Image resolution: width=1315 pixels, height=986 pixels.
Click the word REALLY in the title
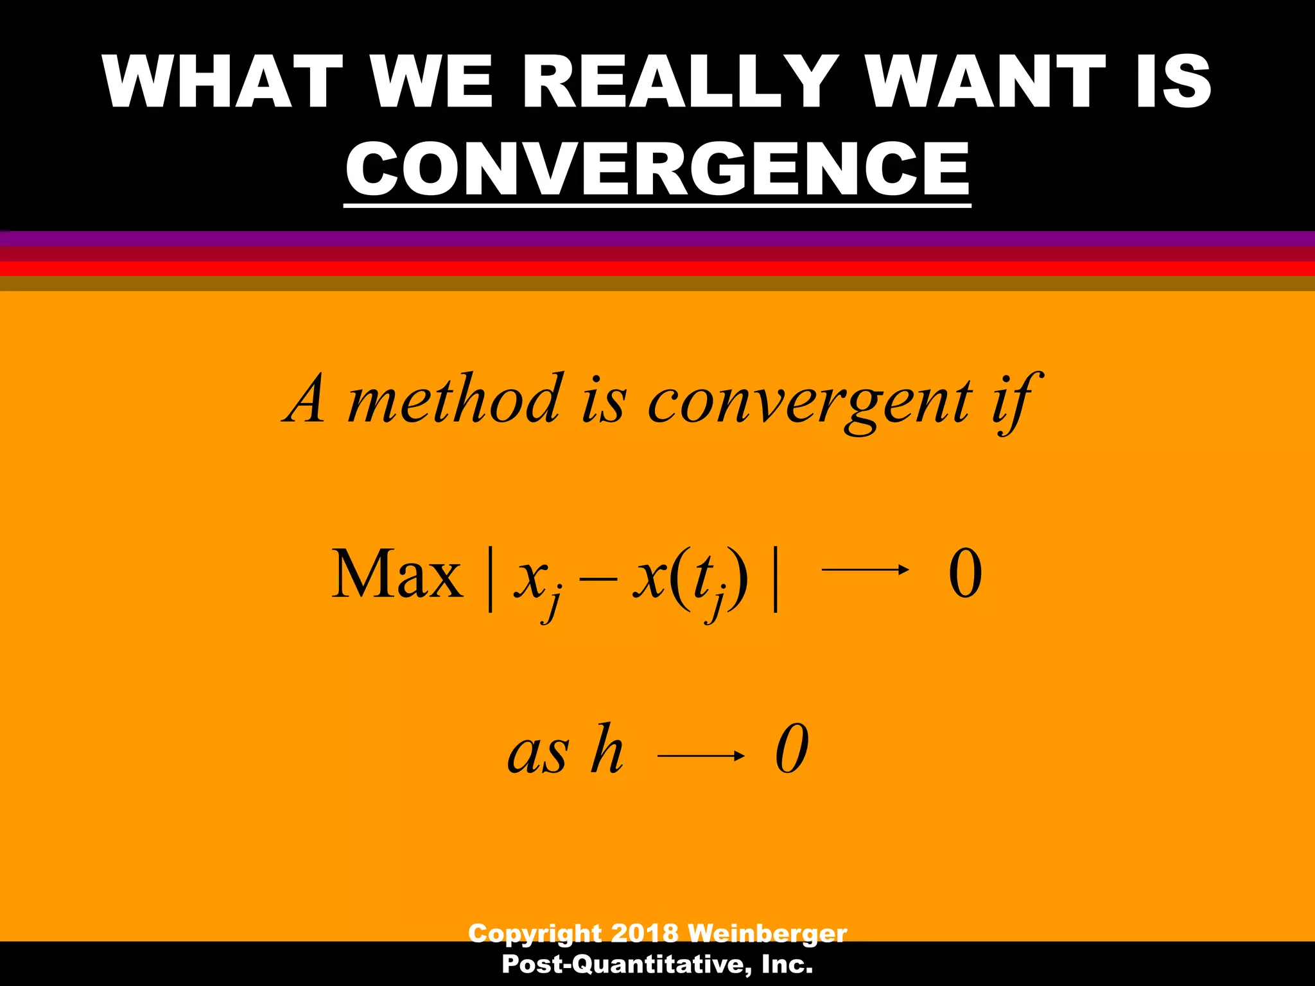[x=682, y=82]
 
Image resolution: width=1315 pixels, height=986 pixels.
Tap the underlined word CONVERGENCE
[x=657, y=169]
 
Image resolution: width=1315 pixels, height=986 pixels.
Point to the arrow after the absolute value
[x=865, y=569]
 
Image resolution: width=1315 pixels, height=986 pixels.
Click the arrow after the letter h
[x=701, y=756]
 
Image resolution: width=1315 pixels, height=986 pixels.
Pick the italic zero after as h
[x=792, y=749]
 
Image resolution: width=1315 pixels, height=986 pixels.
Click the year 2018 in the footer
[x=644, y=933]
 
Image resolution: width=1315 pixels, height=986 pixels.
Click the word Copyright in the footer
[x=535, y=934]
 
